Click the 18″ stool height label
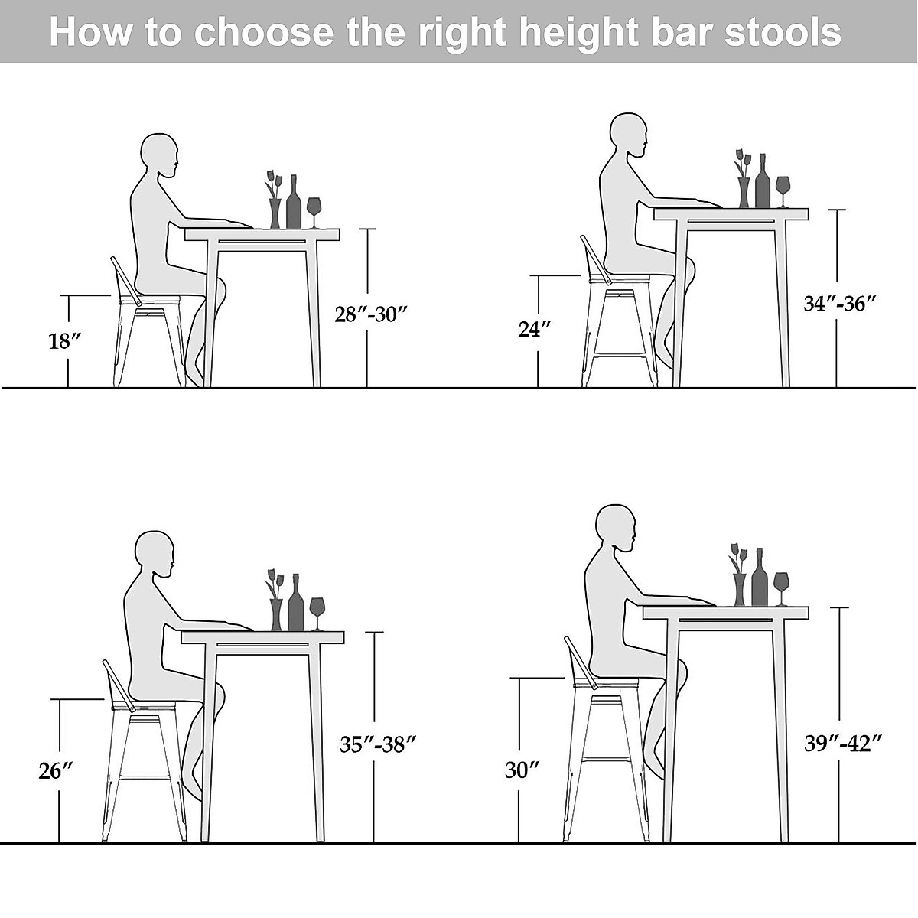click(65, 341)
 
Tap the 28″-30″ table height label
click(371, 314)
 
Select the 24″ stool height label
click(535, 330)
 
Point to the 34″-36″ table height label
click(839, 304)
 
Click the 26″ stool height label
click(55, 771)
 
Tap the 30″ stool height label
click(522, 770)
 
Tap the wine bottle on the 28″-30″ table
click(294, 203)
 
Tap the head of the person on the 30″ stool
click(616, 528)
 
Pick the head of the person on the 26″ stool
click(155, 553)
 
